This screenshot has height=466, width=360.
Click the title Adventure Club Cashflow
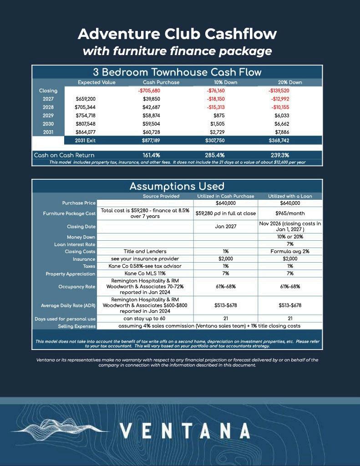coord(177,34)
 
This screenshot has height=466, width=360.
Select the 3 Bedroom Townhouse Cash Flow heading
coord(177,72)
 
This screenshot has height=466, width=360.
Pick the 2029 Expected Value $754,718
coord(85,115)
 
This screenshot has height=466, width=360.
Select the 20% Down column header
coord(290,82)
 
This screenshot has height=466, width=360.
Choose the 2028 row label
coord(48,107)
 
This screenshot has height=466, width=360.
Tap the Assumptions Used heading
coord(177,186)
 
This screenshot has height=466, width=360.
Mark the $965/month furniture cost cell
coord(290,213)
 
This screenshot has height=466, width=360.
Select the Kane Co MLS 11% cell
coord(145,274)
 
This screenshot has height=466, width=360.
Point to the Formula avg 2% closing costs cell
coord(290,251)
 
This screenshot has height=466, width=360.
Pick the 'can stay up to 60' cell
coord(145,319)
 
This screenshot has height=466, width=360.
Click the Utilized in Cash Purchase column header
coord(225,196)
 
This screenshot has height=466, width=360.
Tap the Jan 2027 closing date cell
coord(225,226)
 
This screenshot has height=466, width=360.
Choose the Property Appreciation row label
coord(71,274)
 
